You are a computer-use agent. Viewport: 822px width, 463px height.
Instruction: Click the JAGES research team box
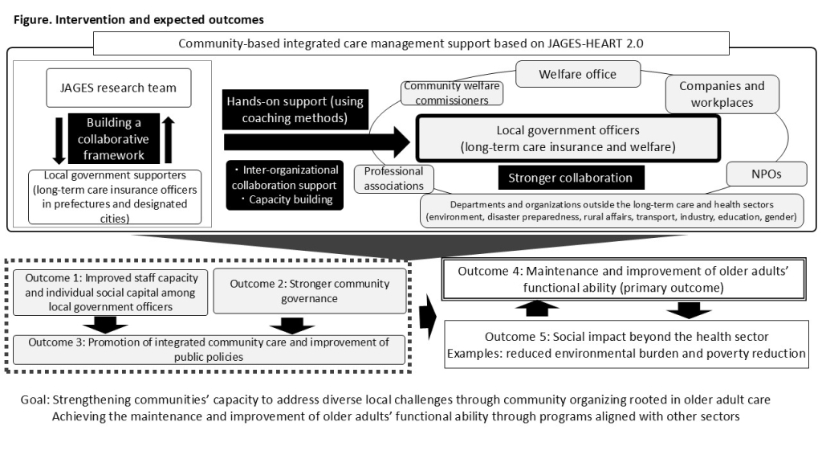pos(119,88)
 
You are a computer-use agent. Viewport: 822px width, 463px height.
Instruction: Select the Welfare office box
pos(578,74)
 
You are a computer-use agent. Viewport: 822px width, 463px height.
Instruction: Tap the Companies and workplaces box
pos(722,94)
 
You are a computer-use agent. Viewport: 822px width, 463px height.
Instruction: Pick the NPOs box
pos(767,174)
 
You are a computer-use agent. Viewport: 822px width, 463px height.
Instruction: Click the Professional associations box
pos(393,178)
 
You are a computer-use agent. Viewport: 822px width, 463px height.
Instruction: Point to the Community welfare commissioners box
pos(452,93)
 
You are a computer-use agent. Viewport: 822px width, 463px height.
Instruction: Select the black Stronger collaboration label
pos(571,178)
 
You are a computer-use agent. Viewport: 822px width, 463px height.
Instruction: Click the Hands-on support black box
pos(295,109)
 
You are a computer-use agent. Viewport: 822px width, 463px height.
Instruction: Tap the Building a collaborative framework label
pos(113,138)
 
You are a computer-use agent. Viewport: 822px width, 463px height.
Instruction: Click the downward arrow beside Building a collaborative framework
pos(59,140)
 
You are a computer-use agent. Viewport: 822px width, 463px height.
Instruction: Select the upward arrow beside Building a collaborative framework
pos(168,139)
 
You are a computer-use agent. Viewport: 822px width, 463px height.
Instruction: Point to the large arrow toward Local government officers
pos(316,141)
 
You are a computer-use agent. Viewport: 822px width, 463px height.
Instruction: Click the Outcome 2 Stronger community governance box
pos(309,291)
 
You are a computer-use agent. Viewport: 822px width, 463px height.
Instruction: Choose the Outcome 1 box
pos(110,293)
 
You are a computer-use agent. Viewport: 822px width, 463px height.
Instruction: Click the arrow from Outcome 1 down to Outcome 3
pos(105,325)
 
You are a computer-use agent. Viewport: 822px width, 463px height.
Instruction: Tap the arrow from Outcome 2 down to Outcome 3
pos(292,326)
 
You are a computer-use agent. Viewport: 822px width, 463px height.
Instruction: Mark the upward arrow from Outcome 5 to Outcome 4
pos(537,308)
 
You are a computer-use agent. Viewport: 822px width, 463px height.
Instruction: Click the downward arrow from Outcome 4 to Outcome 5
pos(689,310)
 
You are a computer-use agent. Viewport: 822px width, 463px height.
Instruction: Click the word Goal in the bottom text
pos(35,399)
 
